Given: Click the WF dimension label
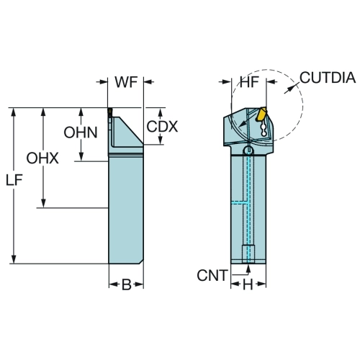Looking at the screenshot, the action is pyautogui.click(x=126, y=82).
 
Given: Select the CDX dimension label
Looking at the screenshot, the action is pyautogui.click(x=162, y=127).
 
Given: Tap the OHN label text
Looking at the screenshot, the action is pyautogui.click(x=81, y=132).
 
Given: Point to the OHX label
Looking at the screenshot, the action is pyautogui.click(x=42, y=158).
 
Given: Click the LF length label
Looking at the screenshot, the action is pyautogui.click(x=14, y=180).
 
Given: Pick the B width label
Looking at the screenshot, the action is pyautogui.click(x=127, y=285).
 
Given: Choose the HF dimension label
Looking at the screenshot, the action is pyautogui.click(x=250, y=82).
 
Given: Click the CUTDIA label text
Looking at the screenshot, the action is pyautogui.click(x=328, y=78).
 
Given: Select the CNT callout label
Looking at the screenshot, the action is pyautogui.click(x=212, y=275).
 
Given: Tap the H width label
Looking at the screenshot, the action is pyautogui.click(x=248, y=285).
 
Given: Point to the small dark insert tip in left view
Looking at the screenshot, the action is pyautogui.click(x=109, y=112).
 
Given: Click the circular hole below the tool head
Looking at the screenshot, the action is pyautogui.click(x=248, y=150).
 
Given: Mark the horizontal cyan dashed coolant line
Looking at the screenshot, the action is pyautogui.click(x=240, y=203).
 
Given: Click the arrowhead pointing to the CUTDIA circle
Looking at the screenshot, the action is pyautogui.click(x=289, y=89).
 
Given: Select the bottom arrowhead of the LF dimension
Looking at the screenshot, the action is pyautogui.click(x=14, y=259).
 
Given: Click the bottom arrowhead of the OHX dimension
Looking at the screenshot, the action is pyautogui.click(x=43, y=203).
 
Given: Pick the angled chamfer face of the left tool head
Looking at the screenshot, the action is pyautogui.click(x=131, y=131).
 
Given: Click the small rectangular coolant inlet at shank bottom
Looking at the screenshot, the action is pyautogui.click(x=248, y=254).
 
